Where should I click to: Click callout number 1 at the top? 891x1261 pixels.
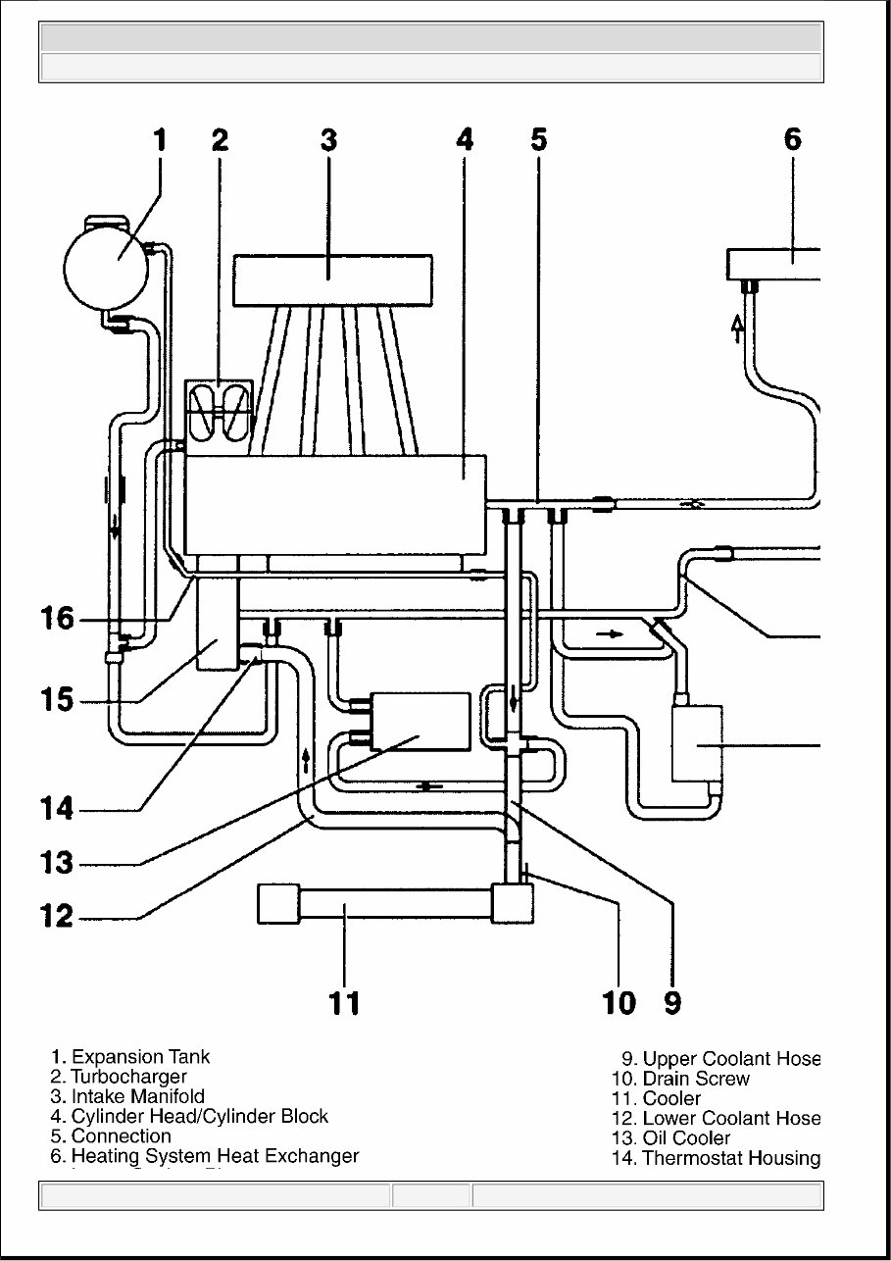click(x=160, y=139)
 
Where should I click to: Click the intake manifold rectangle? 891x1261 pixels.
click(x=332, y=279)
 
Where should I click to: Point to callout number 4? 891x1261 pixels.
click(x=465, y=139)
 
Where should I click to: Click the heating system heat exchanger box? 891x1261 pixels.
click(x=774, y=263)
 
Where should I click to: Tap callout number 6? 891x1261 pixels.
click(x=793, y=139)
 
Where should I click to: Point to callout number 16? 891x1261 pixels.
click(x=57, y=618)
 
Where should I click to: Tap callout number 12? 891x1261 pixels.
click(x=57, y=916)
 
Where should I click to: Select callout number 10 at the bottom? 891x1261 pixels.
click(x=619, y=1002)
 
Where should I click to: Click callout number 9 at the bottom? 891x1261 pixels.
click(x=672, y=1002)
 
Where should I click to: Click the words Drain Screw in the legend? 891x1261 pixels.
click(x=696, y=1079)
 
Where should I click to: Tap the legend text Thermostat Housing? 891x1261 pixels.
click(x=730, y=1158)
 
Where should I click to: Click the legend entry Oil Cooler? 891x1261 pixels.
click(x=686, y=1138)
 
